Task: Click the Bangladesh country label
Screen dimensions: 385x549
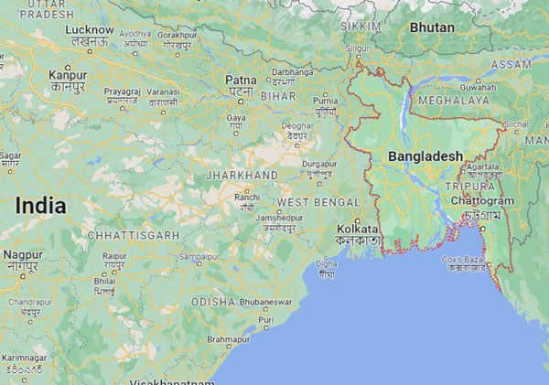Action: (x=425, y=157)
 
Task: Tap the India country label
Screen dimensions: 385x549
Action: (x=40, y=206)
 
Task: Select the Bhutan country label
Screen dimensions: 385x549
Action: (x=431, y=27)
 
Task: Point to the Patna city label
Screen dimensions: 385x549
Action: (x=240, y=80)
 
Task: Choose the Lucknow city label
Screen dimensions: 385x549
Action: (x=90, y=30)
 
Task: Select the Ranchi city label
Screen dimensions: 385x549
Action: (x=247, y=197)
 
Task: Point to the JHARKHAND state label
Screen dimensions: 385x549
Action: (x=242, y=175)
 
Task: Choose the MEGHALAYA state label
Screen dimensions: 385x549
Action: (x=454, y=100)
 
